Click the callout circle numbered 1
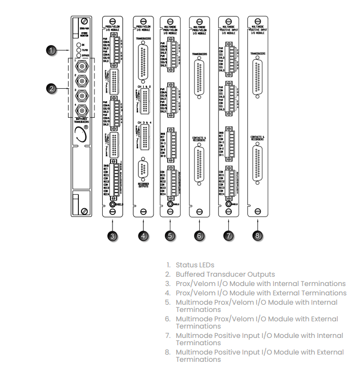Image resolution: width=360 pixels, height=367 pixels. click(x=51, y=50)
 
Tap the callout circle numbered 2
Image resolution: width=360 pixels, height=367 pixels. click(x=51, y=89)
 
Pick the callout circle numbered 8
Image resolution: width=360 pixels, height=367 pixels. click(x=258, y=236)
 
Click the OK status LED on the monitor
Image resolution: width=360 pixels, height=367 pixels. click(x=78, y=45)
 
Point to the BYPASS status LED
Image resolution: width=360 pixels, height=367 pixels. click(x=78, y=55)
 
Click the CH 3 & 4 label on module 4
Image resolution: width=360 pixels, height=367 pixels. click(x=143, y=121)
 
